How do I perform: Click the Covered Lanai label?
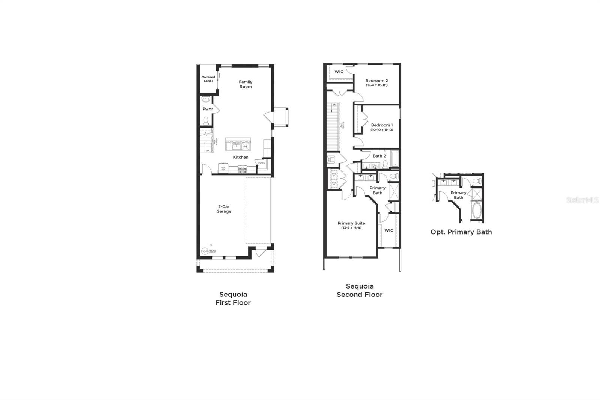pos(208,79)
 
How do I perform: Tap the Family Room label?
pos(246,84)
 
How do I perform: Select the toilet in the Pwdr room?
pos(206,121)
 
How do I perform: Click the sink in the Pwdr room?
pos(205,100)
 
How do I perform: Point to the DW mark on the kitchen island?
pos(246,146)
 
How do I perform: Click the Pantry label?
pos(261,163)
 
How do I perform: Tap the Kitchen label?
pos(241,157)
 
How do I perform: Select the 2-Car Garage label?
pos(223,209)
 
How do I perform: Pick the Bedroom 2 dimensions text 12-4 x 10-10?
pos(376,86)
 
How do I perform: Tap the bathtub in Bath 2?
pos(395,158)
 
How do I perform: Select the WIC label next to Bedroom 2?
pos(339,72)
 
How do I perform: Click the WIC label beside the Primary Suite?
pos(389,230)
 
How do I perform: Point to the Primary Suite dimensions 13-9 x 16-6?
pos(351,228)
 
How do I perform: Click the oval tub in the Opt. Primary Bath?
pos(477,212)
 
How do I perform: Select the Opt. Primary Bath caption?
pos(461,232)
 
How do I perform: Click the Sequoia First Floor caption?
pos(233,298)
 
